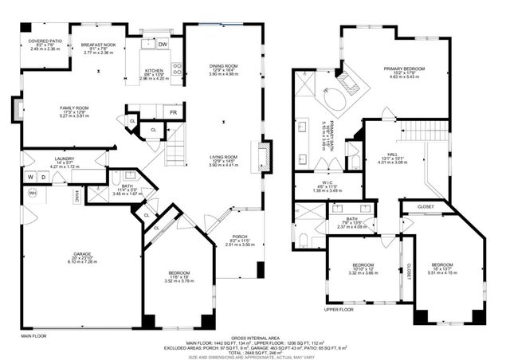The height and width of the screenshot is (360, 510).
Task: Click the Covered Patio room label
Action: point(45,40)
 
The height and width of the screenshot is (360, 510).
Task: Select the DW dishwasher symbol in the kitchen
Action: point(163,45)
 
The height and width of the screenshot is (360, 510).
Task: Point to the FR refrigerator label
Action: point(173,112)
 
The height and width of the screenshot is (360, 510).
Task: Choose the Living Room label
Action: point(222,157)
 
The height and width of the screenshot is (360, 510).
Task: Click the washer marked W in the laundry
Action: point(29,177)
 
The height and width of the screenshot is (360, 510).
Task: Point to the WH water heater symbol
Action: point(33,193)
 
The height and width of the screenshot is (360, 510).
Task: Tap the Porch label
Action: point(239,237)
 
